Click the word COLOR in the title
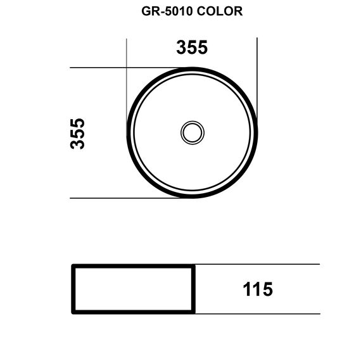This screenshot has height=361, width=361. tap(220, 11)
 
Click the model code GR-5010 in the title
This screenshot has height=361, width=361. tap(167, 11)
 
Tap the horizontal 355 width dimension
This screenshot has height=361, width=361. tap(192, 47)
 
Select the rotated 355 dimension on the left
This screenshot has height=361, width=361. tap(77, 134)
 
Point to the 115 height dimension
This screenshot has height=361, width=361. tap(258, 289)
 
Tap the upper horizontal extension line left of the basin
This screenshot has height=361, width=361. tap(126, 68)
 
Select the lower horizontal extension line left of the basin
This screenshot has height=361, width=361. tap(125, 198)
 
